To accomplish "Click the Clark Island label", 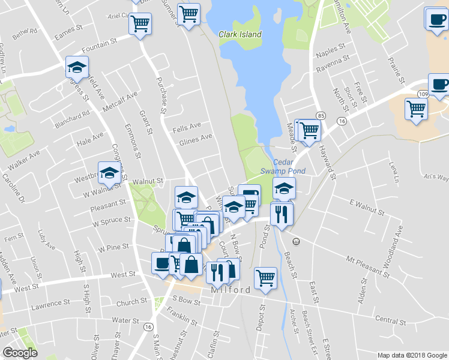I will point(240,34).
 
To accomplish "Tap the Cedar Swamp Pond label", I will point(289,166).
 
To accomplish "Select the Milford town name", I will point(231,290).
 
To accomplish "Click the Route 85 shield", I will point(321,115).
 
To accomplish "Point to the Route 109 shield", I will point(423,94).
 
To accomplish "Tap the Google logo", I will point(21,352).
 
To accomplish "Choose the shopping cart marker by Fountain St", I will point(140,24).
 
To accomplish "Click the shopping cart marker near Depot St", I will point(265,277).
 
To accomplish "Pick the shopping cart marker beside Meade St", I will point(309,129).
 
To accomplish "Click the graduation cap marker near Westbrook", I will point(109,173).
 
